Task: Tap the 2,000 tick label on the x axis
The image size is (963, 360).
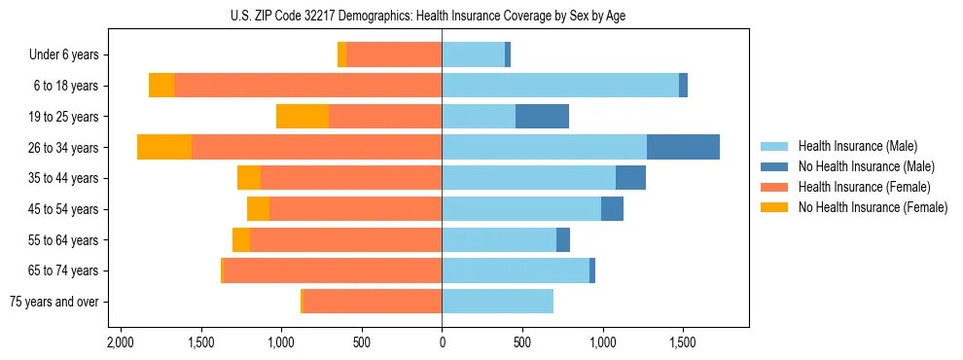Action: point(121,343)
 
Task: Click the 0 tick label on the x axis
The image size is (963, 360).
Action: point(442,343)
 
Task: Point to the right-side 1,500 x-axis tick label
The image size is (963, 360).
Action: point(683,343)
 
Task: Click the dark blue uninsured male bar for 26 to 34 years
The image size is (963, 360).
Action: point(683,147)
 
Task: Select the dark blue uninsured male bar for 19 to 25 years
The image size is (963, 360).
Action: point(542,117)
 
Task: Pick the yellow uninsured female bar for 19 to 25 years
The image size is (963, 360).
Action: point(303,117)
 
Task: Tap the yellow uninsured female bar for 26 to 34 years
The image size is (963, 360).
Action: point(164,147)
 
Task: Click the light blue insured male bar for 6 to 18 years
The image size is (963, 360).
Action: point(560,86)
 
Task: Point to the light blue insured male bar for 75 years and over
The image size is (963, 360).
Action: point(497,302)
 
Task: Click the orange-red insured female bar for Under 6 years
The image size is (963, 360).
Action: point(394,55)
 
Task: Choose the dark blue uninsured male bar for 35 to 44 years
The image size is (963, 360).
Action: point(630,178)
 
